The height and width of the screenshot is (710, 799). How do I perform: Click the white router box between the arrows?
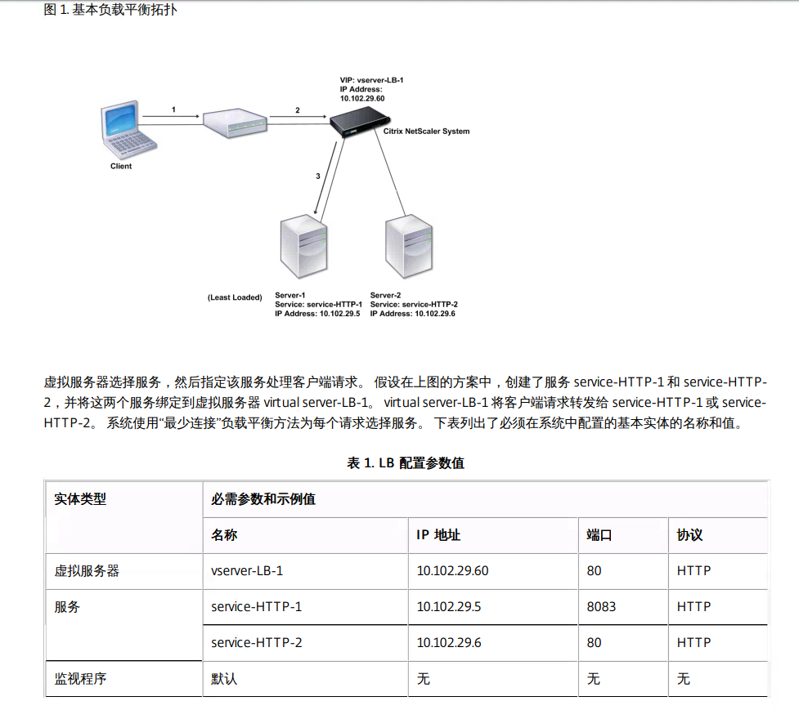coord(235,123)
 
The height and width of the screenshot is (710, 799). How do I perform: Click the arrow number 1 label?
coord(173,109)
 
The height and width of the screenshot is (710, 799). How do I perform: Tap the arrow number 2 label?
coord(297,109)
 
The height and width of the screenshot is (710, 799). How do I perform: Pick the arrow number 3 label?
coord(317,176)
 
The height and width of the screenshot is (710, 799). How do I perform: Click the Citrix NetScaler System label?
coord(426,131)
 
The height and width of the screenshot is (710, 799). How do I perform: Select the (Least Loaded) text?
coord(235,297)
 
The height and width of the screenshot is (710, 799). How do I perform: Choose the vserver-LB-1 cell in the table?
coord(247,570)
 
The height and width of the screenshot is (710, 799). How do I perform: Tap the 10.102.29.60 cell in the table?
coord(452,570)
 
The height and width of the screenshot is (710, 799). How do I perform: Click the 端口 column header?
coord(599,535)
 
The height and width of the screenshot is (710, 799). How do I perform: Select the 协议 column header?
coord(689,535)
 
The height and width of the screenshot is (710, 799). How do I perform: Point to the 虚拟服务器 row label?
coord(87,570)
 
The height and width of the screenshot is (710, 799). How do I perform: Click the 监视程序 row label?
coord(80,678)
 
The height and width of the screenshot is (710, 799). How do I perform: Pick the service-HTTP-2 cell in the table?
coord(256,642)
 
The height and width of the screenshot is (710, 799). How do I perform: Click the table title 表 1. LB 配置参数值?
coord(406,462)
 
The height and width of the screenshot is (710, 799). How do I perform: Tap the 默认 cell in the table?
coord(224,678)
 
